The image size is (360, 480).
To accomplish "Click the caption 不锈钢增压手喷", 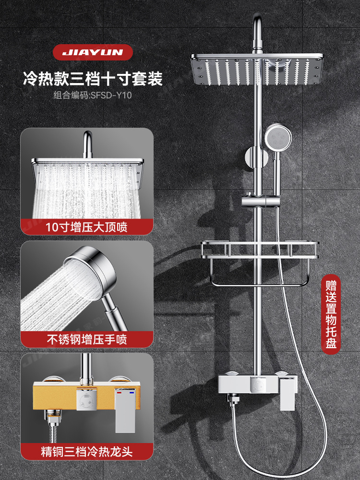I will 87,340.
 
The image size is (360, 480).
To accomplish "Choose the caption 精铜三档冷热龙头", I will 87,452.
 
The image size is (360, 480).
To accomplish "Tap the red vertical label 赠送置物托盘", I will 331,312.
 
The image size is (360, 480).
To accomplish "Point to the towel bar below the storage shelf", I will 259,281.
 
